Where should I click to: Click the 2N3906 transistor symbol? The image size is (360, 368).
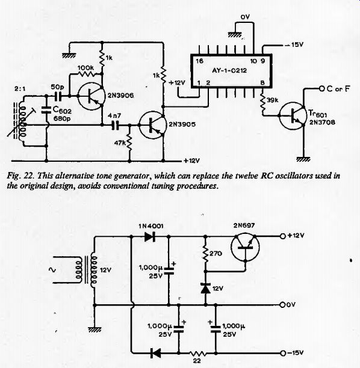tap(91, 96)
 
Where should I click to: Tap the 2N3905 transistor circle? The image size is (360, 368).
tap(152, 125)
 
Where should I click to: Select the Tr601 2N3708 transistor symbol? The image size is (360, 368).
tap(293, 115)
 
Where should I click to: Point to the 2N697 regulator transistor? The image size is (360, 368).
tap(245, 247)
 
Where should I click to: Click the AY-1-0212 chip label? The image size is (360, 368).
tap(229, 70)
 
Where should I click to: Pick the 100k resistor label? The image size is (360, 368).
tap(85, 68)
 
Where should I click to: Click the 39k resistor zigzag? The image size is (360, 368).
tap(262, 103)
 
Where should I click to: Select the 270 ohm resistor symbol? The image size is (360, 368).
tap(206, 254)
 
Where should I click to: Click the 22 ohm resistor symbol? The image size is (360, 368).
tap(198, 353)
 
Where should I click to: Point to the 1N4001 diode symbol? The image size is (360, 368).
tap(150, 236)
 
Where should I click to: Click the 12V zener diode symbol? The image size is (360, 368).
tap(206, 289)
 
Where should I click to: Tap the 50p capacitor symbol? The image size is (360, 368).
tap(58, 96)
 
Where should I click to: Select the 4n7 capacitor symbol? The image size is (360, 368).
tap(115, 125)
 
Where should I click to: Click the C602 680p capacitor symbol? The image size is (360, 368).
tap(46, 110)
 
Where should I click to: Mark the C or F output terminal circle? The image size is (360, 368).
tap(321, 88)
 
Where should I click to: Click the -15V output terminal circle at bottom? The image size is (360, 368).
tap(283, 353)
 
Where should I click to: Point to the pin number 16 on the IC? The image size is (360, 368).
tap(199, 61)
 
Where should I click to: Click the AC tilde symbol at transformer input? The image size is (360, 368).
tap(52, 270)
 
